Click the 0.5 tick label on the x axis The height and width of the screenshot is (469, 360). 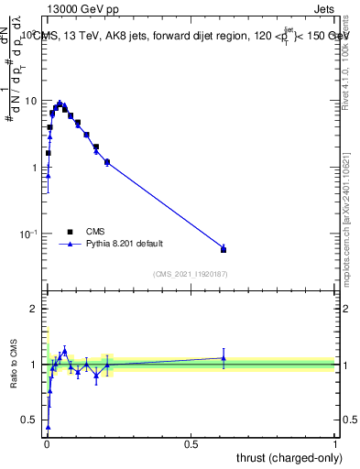pyautogui.click(x=191, y=444)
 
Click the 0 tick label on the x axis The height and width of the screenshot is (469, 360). pyautogui.click(x=47, y=444)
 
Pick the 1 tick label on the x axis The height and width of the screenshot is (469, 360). pyautogui.click(x=335, y=444)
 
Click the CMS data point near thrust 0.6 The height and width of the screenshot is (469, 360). pyautogui.click(x=224, y=249)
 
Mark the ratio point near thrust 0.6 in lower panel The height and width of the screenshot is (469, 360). pyautogui.click(x=224, y=358)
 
